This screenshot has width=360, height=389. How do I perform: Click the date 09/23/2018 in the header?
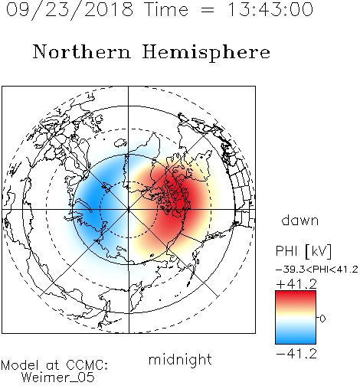coord(70,9)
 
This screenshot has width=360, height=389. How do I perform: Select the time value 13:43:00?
coord(270,9)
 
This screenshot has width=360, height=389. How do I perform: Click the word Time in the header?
coord(166,9)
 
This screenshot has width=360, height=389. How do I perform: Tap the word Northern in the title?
coord(82,51)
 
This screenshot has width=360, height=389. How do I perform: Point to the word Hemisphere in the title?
coord(206,53)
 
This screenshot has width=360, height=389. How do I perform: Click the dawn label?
coord(300,220)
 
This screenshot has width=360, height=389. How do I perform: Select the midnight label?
coord(180,360)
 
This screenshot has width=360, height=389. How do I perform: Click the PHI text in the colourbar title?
coord(286,251)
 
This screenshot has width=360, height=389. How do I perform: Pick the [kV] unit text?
coord(319,251)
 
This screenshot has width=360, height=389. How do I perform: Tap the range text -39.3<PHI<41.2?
coord(317,270)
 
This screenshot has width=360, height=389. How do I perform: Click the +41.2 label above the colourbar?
coord(296,284)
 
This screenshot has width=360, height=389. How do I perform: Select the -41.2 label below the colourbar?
coord(296,354)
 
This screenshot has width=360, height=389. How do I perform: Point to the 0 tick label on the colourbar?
coord(322,319)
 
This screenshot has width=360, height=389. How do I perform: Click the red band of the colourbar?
coord(296,298)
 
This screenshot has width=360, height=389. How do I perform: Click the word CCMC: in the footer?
coord(87,365)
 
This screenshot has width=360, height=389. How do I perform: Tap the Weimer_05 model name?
coord(58,377)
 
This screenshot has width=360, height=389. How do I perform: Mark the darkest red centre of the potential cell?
coord(180,201)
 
